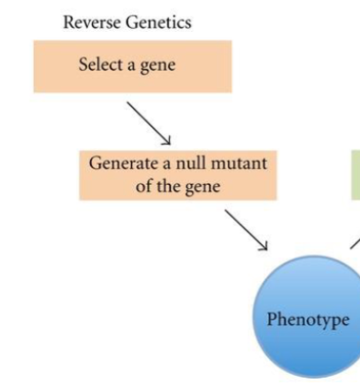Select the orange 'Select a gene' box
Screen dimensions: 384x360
(133, 66)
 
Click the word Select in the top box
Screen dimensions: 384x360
(100, 66)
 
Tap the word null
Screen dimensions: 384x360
(190, 165)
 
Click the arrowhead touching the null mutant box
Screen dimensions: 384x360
(166, 140)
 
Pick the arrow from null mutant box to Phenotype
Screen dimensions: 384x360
(246, 229)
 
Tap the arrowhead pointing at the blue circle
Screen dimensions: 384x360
(265, 246)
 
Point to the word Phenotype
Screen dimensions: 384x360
(307, 321)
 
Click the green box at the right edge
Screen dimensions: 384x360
(355, 175)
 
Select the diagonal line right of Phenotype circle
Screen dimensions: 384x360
(355, 243)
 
